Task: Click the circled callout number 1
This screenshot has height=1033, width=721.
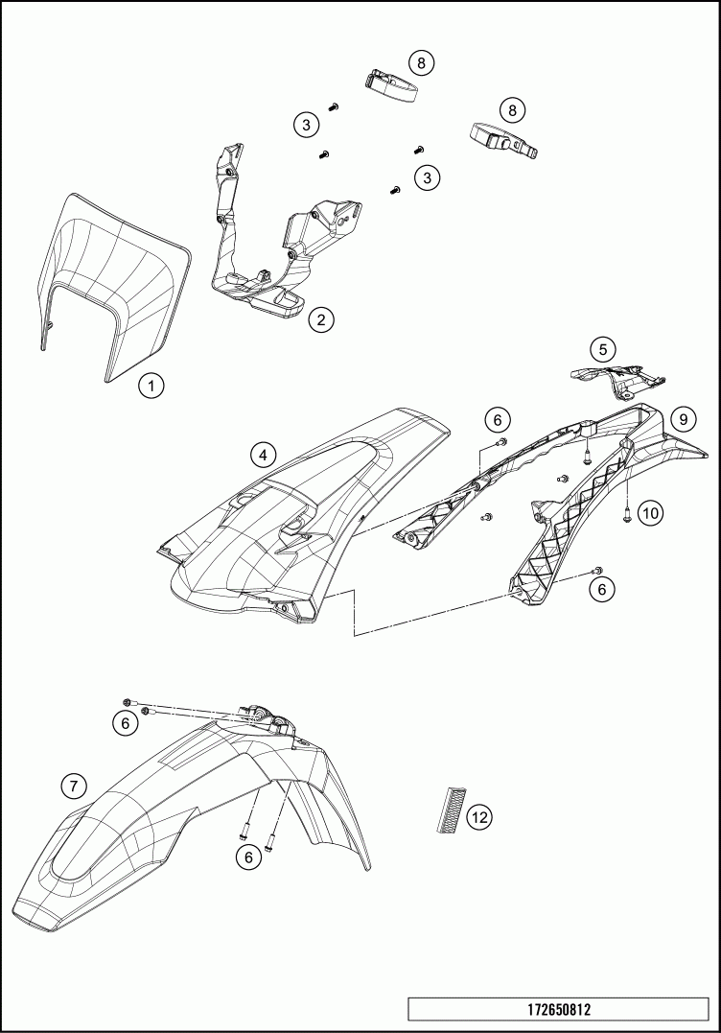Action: click(x=151, y=386)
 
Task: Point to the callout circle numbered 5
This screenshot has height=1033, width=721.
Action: click(x=602, y=349)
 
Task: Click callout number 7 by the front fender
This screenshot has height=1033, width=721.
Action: click(x=73, y=786)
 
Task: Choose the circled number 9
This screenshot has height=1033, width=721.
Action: click(x=683, y=419)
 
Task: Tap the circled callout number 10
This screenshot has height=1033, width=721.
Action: click(x=650, y=513)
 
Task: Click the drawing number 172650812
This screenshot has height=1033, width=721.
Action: click(x=558, y=1009)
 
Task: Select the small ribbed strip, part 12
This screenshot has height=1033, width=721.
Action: click(x=449, y=810)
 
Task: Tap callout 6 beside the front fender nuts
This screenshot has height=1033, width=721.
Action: click(x=126, y=723)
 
